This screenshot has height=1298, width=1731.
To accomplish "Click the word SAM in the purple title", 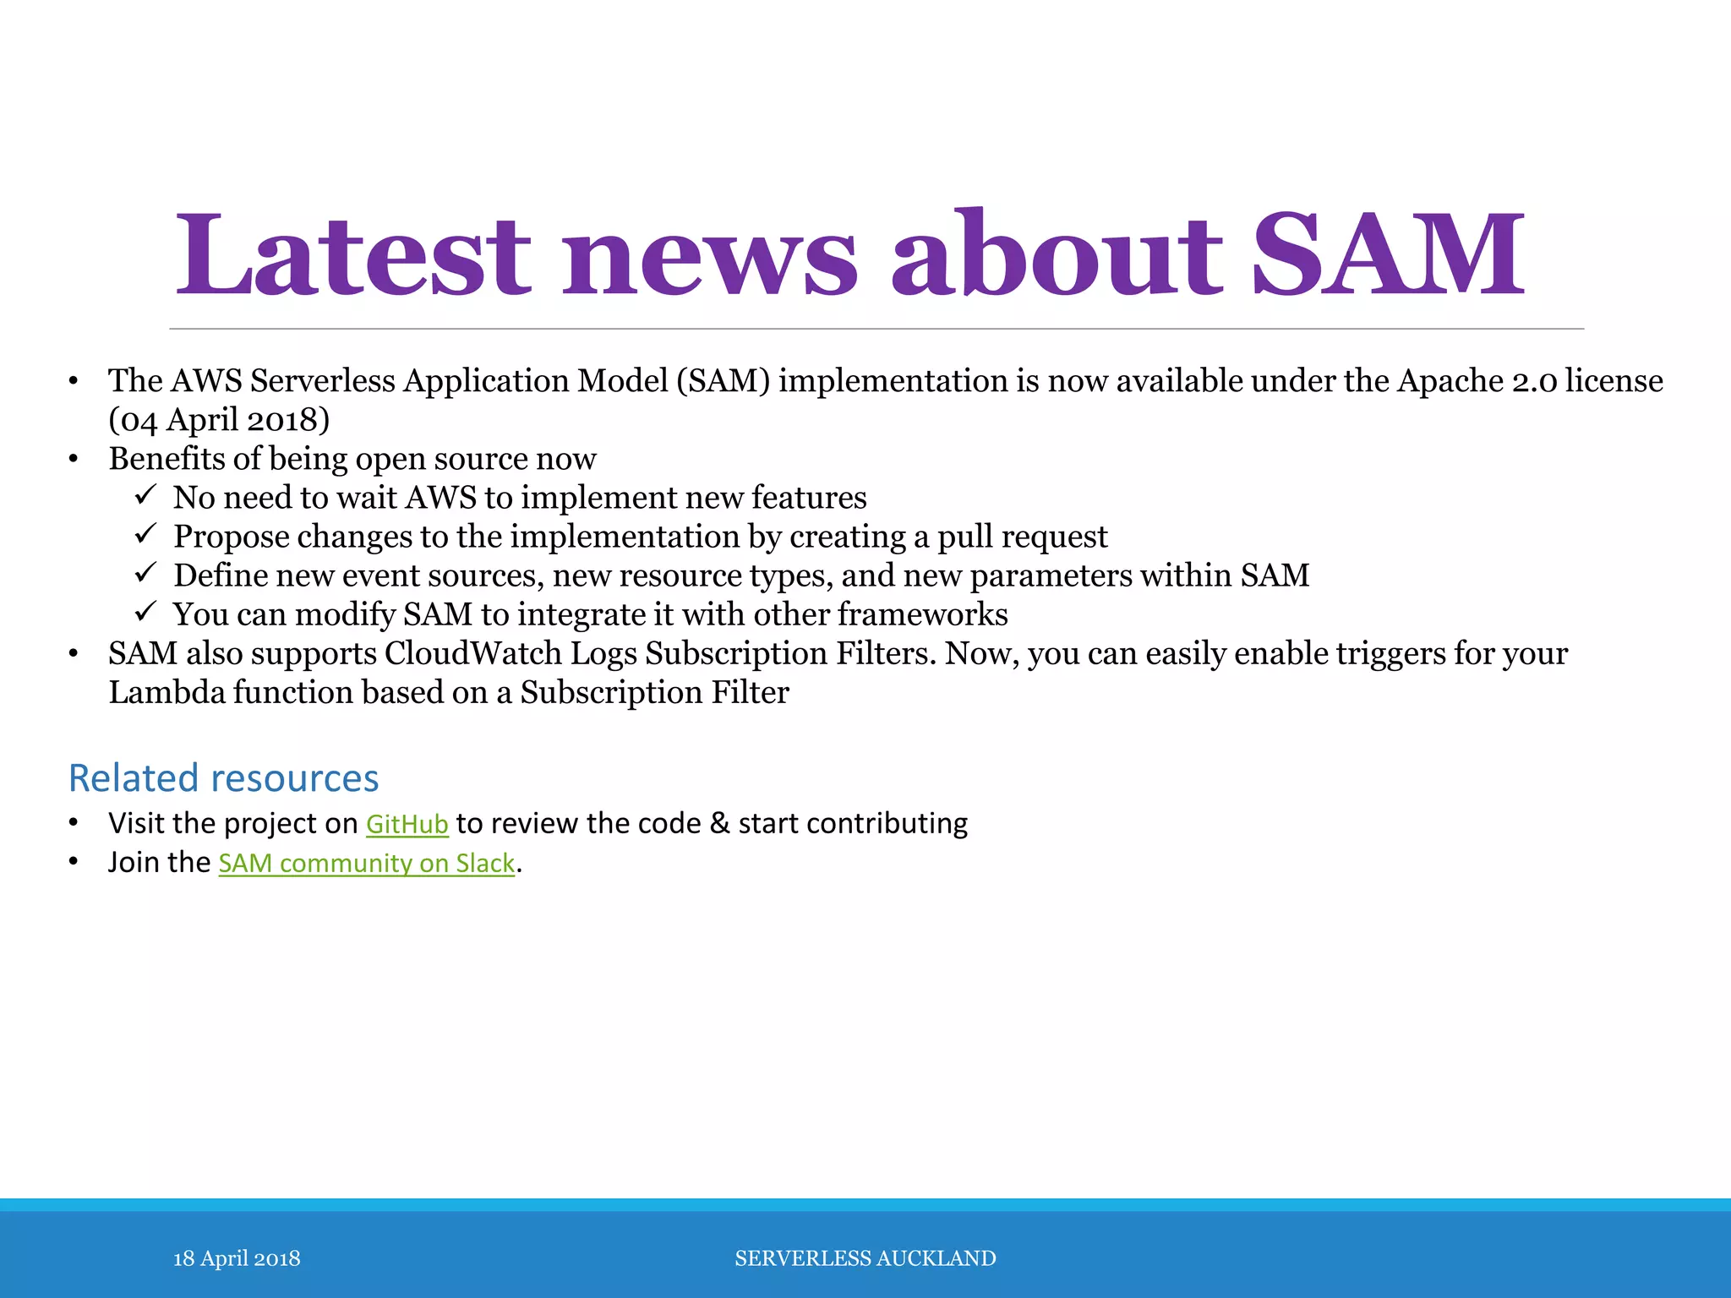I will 1387,254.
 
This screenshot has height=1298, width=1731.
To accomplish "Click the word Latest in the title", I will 352,254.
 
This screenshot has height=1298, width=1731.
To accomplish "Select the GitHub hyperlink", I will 407,824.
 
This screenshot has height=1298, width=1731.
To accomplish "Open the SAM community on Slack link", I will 366,863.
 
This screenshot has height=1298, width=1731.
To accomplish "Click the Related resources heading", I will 223,777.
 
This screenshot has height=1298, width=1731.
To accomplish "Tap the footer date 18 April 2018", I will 237,1258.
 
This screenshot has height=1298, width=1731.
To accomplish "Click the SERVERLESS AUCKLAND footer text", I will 865,1258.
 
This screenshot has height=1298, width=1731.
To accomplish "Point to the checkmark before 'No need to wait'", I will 145,494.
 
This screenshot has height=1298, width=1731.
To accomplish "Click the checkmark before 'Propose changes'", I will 145,533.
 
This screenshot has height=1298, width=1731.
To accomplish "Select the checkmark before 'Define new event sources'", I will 145,572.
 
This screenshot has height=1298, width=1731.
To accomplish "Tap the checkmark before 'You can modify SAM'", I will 145,611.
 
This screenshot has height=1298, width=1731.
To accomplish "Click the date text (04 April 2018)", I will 219,420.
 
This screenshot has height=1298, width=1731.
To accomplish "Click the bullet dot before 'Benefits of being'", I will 74,460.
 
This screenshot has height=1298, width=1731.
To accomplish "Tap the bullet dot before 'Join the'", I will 74,863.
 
